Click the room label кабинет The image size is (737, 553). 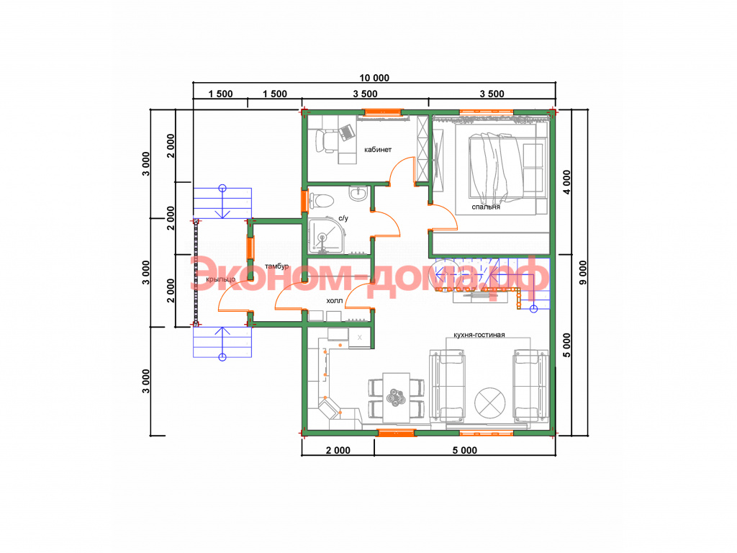tap(377, 150)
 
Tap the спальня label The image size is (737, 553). tap(486, 207)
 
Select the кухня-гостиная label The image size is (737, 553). tap(479, 335)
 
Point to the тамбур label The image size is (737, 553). tap(276, 266)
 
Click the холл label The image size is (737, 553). tap(335, 300)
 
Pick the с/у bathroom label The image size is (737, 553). tap(343, 218)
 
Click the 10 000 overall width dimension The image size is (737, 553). tap(374, 78)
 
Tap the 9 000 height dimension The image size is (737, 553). tap(583, 273)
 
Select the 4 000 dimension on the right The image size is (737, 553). tap(567, 182)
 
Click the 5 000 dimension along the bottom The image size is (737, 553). tap(465, 451)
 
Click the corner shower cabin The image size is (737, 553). tap(327, 235)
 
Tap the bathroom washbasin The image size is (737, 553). tap(358, 193)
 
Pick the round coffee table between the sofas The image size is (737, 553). tap(489, 403)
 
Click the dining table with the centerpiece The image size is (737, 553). tap(397, 397)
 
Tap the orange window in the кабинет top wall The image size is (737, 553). tap(384, 112)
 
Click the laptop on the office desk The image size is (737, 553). tap(347, 132)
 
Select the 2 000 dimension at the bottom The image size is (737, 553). tap(338, 451)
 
